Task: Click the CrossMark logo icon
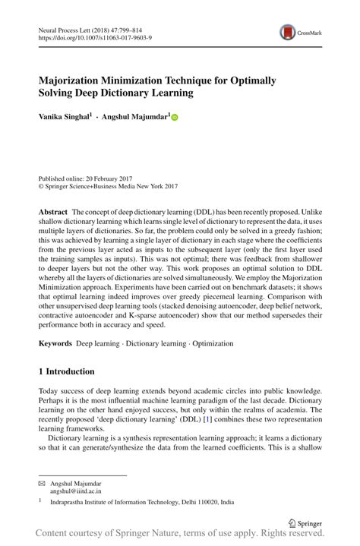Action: tap(289, 31)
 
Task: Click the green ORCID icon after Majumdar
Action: tap(173, 118)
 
